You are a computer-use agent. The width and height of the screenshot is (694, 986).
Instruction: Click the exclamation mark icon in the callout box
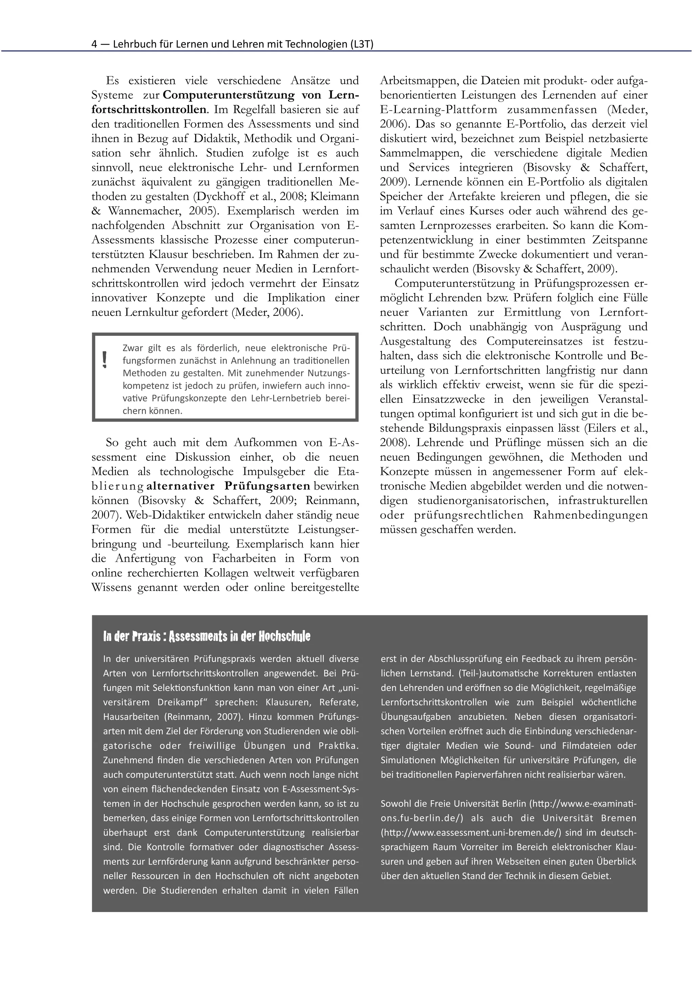(x=104, y=360)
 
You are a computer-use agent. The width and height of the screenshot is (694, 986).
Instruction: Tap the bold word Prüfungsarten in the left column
(x=267, y=486)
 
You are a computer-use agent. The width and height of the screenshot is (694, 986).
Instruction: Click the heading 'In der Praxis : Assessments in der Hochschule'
(x=207, y=636)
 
